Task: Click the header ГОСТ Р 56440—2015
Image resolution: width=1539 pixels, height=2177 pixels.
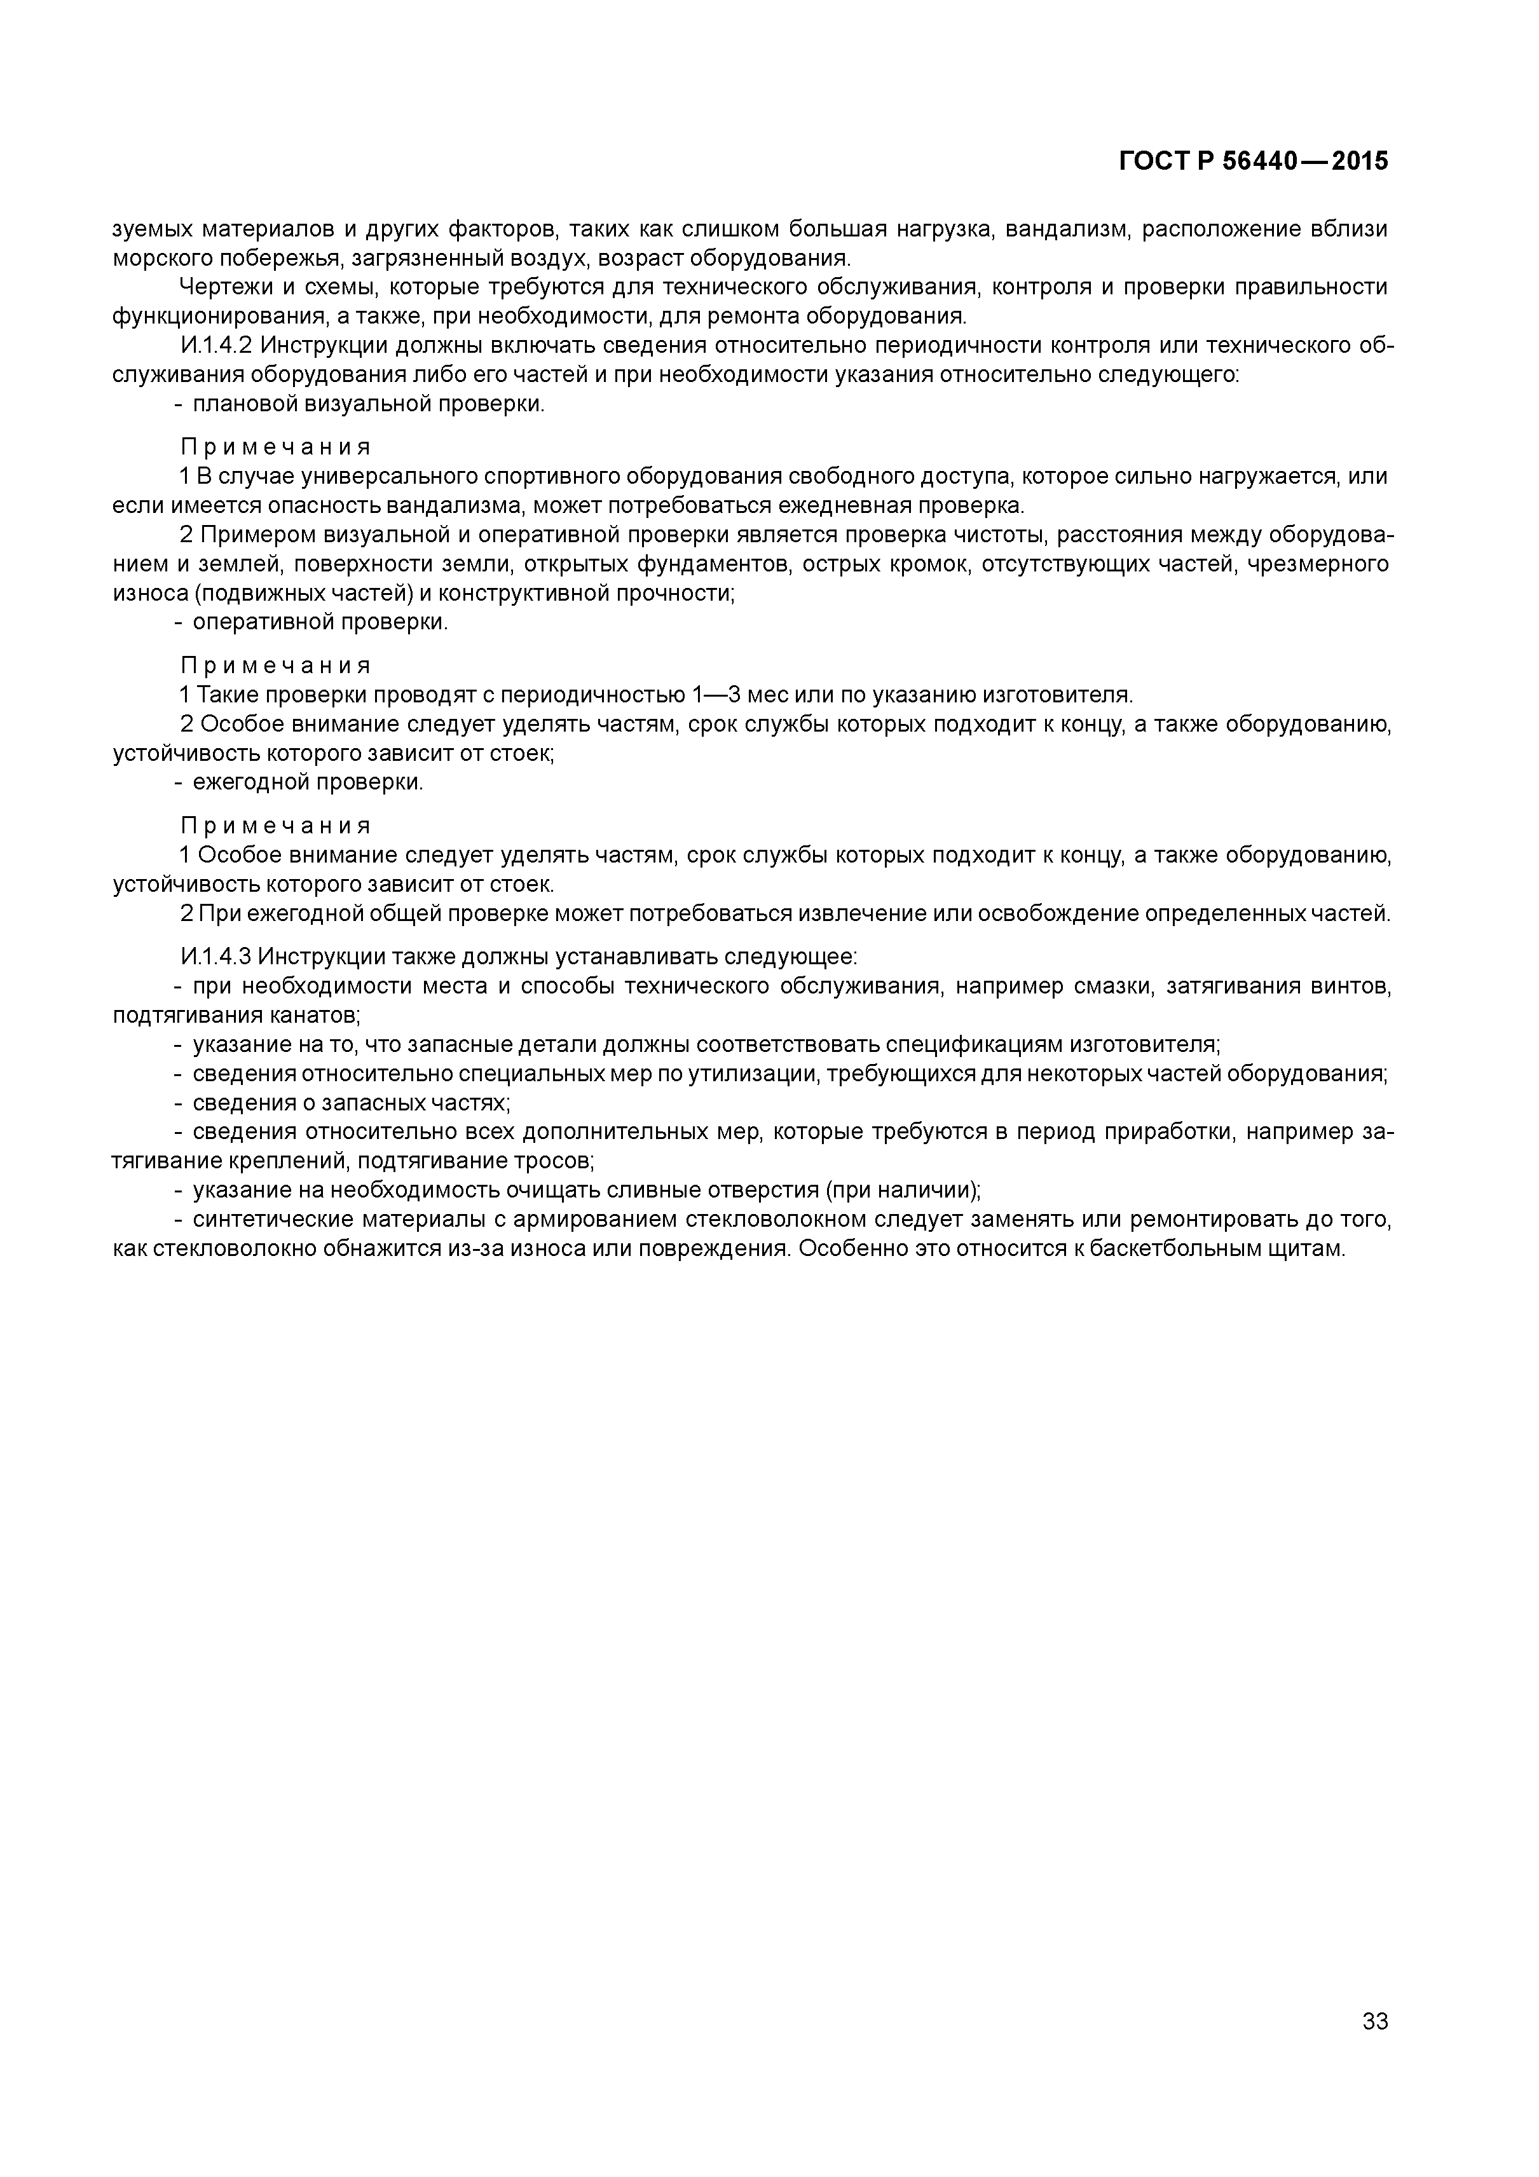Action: pyautogui.click(x=1253, y=161)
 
